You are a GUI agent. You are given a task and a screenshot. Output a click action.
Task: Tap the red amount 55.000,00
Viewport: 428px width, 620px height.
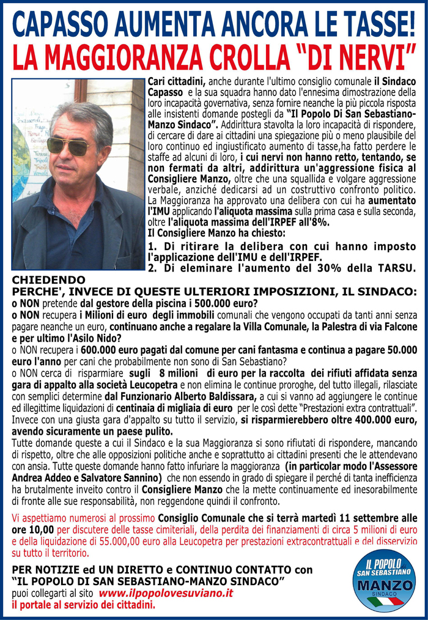pos(154,541)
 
